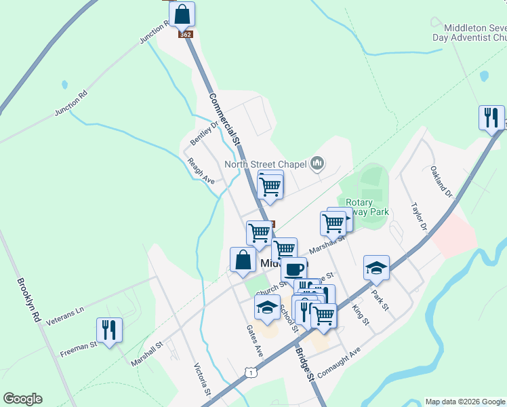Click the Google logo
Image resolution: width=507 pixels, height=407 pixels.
click(x=22, y=399)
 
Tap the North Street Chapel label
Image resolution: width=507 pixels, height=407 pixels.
click(x=266, y=164)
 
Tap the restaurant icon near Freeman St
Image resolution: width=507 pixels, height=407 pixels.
click(x=109, y=330)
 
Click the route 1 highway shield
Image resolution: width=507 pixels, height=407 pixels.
click(x=251, y=372)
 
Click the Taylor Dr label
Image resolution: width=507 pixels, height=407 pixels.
click(x=418, y=216)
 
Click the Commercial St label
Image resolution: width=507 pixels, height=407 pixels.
click(x=225, y=119)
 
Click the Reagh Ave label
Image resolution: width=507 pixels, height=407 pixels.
click(x=201, y=172)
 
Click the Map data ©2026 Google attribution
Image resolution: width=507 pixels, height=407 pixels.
click(x=464, y=402)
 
